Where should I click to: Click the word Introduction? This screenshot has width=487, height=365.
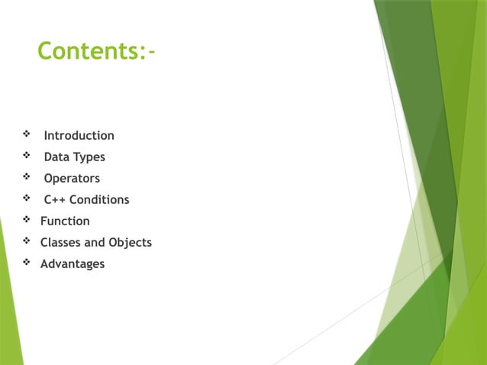[79, 136]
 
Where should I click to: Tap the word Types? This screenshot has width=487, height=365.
[89, 157]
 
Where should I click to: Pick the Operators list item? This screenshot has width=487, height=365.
[72, 179]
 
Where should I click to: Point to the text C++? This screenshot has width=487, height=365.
[54, 200]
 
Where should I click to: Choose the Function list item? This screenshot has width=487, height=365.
[65, 221]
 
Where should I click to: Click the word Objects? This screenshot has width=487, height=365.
[130, 243]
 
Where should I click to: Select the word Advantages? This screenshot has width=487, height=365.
[73, 264]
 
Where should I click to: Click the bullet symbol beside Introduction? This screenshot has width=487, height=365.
[27, 135]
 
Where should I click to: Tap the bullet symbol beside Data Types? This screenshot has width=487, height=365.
[27, 157]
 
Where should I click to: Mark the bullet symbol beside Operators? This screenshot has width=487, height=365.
[27, 178]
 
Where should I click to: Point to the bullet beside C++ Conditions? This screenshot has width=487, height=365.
[27, 199]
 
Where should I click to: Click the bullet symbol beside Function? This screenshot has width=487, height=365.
[27, 221]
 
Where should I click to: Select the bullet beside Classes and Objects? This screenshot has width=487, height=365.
[27, 242]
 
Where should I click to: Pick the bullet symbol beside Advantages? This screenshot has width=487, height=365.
[27, 263]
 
